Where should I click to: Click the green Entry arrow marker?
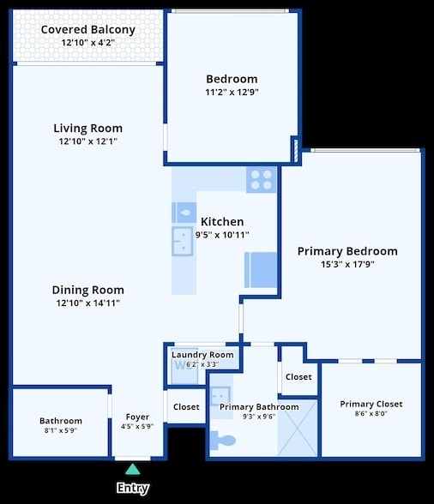click(x=132, y=469)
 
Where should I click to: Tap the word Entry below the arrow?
click(x=132, y=488)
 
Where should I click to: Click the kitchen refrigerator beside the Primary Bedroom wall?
click(x=261, y=269)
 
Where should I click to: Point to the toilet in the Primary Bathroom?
click(x=224, y=441)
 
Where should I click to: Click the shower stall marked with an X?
click(x=298, y=427)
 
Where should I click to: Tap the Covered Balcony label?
click(x=88, y=30)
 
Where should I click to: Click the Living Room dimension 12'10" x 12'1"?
click(x=88, y=141)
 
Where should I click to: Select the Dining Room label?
click(x=88, y=290)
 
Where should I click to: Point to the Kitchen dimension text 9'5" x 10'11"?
click(x=222, y=234)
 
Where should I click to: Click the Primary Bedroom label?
click(x=347, y=251)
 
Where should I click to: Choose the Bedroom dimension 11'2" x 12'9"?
click(x=232, y=92)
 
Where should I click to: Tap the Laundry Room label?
click(x=202, y=355)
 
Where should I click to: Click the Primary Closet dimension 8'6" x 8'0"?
click(x=371, y=414)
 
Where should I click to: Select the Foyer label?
click(x=137, y=417)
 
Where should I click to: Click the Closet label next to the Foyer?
click(x=186, y=407)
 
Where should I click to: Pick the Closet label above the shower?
click(x=298, y=377)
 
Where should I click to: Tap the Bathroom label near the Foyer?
click(x=61, y=421)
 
